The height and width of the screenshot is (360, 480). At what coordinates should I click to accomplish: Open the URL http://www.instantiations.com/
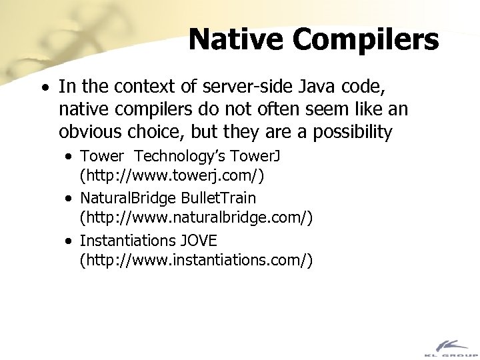tap(195, 259)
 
